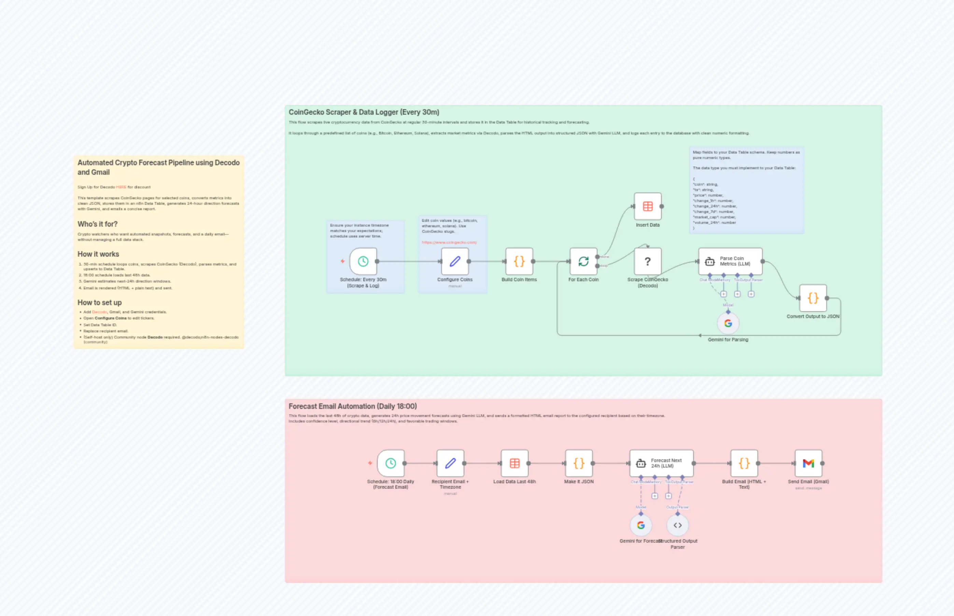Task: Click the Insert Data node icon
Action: [x=647, y=206]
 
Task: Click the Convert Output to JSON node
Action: [x=813, y=298]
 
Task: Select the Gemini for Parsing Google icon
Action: [x=728, y=323]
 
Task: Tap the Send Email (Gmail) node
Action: [x=808, y=463]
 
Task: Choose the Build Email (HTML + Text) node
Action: [x=744, y=463]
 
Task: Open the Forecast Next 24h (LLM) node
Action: [x=661, y=463]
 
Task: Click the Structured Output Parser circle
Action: [x=677, y=525]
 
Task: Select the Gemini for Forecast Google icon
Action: [x=641, y=525]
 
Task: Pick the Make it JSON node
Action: [x=579, y=463]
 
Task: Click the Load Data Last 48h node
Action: [x=515, y=463]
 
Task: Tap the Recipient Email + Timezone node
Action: [x=450, y=463]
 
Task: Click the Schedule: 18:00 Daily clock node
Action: [x=391, y=463]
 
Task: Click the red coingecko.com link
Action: [x=449, y=242]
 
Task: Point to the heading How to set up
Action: [x=99, y=303]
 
